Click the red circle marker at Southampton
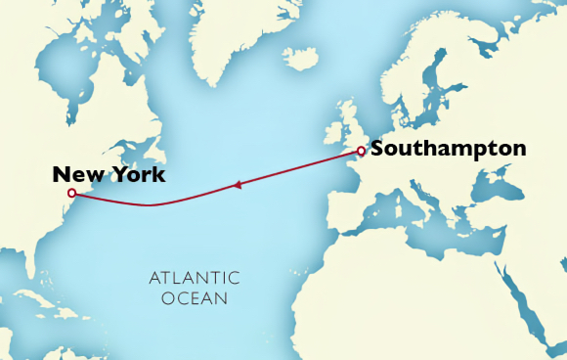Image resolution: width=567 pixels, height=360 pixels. [361, 151]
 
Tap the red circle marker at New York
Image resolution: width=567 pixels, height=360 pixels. [71, 194]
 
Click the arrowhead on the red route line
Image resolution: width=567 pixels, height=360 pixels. [237, 184]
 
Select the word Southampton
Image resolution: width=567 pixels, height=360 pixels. [449, 150]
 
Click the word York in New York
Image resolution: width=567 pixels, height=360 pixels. [136, 175]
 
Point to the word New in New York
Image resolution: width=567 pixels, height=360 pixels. [77, 175]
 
